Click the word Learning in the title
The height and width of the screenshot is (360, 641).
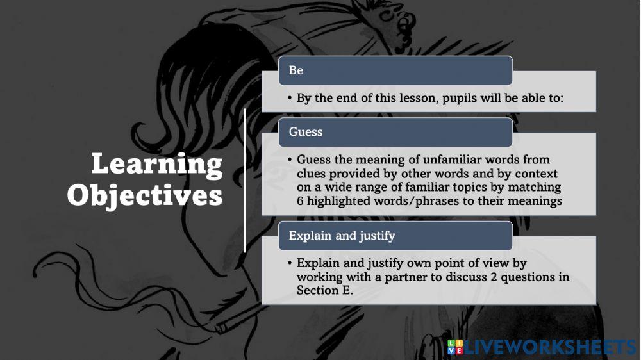[157, 165]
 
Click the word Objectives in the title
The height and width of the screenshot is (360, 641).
[145, 195]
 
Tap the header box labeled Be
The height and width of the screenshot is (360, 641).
[395, 70]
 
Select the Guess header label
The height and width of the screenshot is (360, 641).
[306, 132]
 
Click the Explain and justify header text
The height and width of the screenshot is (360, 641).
[342, 236]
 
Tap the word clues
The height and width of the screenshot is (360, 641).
[311, 174]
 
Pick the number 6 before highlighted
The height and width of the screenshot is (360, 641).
[300, 201]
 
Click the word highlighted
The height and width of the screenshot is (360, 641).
[339, 201]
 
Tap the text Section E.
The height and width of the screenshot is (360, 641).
[325, 290]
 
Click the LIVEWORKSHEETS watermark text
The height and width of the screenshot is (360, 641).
[550, 347]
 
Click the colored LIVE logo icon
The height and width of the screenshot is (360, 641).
[455, 347]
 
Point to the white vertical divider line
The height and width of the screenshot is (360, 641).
[245, 180]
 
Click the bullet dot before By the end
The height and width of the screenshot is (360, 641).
[290, 98]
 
